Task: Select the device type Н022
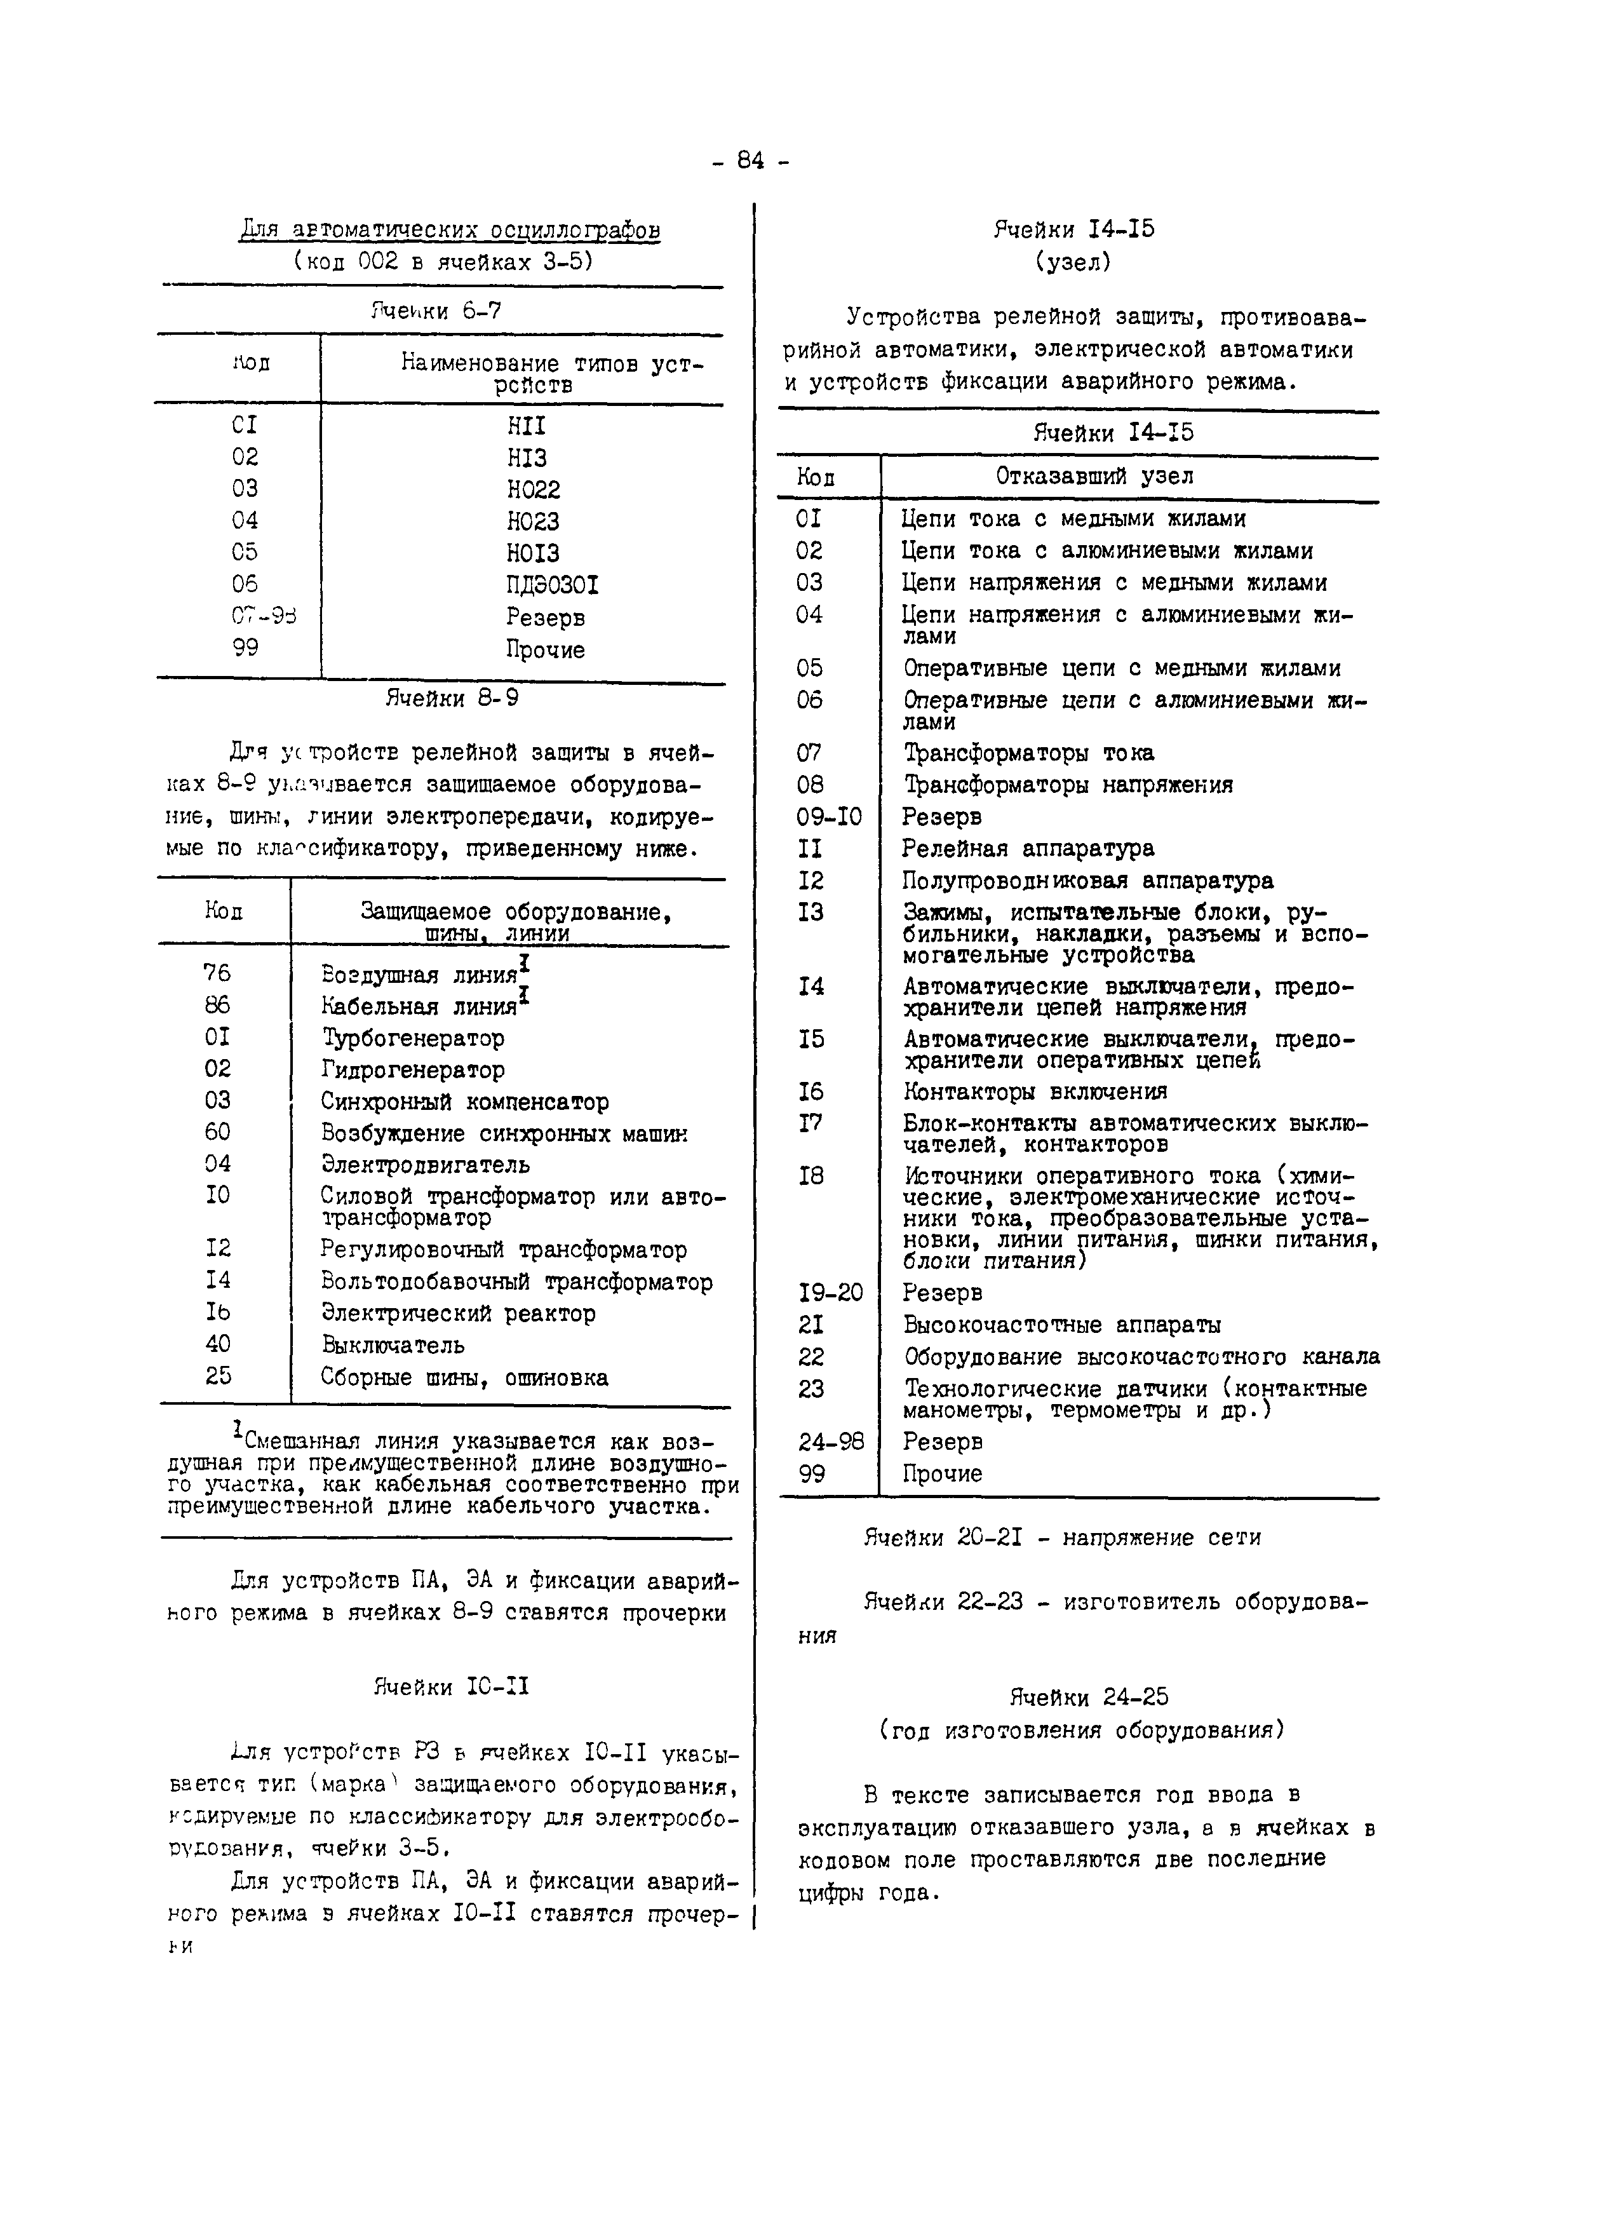[533, 490]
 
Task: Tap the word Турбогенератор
[413, 1038]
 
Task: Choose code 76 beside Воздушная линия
[217, 973]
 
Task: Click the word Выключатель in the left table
[393, 1345]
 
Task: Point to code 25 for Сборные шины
[219, 1377]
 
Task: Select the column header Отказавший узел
[1094, 477]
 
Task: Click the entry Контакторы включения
[1035, 1092]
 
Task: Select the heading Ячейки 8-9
[452, 699]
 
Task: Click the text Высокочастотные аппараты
[1061, 1325]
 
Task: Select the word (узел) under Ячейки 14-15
[1072, 262]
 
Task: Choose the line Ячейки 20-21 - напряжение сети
[1061, 1537]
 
